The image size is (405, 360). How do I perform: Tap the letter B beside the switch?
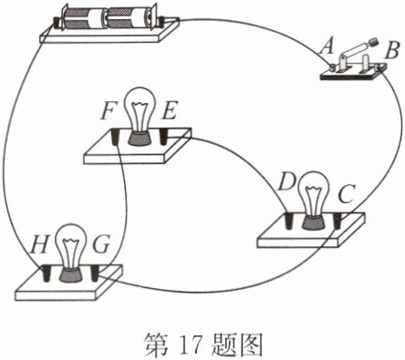click(391, 51)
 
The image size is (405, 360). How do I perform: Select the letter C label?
click(346, 194)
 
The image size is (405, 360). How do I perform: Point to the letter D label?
click(286, 181)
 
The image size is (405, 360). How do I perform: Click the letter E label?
click(169, 111)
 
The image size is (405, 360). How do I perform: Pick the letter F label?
click(109, 111)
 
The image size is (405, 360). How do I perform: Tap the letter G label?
click(100, 245)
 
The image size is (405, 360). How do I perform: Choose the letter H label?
click(39, 245)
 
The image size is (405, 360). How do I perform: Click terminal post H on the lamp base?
click(47, 273)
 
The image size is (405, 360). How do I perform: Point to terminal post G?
click(95, 273)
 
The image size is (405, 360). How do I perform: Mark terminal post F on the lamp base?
click(116, 137)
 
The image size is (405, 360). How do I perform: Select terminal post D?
click(289, 221)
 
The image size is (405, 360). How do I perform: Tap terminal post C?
click(337, 221)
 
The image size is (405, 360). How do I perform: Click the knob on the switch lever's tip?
click(373, 42)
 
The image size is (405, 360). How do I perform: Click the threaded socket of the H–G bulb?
click(71, 274)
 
